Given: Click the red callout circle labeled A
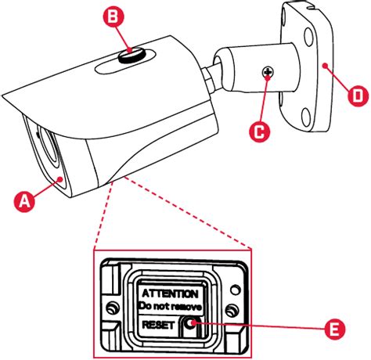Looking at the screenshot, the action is coord(24,201).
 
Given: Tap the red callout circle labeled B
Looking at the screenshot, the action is coord(113,16).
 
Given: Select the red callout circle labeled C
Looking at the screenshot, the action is coord(259,131).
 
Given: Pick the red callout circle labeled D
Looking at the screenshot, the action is coord(358,95).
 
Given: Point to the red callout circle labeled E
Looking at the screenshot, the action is coord(335,329).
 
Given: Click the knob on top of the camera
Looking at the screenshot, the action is coord(132,56).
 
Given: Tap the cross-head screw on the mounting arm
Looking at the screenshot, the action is coord(268,72).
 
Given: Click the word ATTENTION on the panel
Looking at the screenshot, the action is coord(170,293).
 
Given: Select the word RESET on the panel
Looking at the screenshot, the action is coord(158,325).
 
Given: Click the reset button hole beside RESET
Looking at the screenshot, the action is coord(189,324).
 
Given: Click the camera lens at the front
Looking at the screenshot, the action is coord(49,146).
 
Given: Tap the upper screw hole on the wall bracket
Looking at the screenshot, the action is coord(308,37).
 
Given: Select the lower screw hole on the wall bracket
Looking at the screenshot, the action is coord(306,117).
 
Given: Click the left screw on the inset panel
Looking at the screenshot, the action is coord(113,308).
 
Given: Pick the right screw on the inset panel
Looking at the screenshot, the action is coord(232,311).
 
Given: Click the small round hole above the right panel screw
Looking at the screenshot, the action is coord(236,290).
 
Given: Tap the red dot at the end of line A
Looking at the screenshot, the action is coord(61,179).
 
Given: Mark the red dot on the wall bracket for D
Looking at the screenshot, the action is coord(324,66).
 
